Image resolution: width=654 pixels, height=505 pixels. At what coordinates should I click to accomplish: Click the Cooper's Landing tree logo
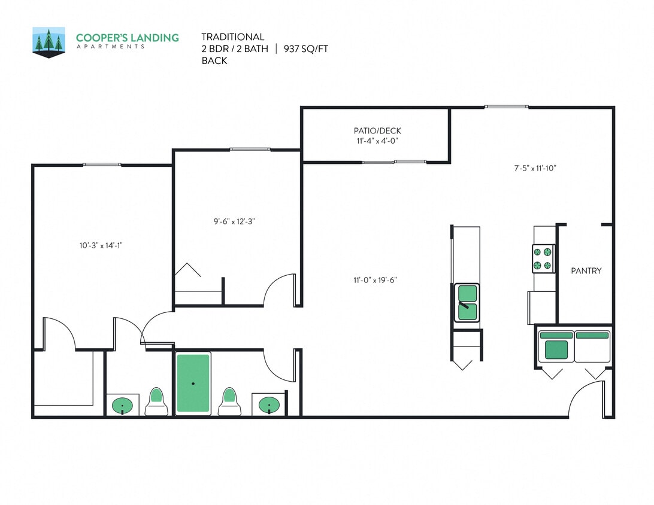[x=49, y=42]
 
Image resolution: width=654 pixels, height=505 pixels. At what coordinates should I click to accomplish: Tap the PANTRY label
[x=586, y=271]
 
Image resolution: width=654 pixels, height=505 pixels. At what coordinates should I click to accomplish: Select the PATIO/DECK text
[x=377, y=131]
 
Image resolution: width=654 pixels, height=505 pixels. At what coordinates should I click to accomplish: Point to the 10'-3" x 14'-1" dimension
[x=101, y=245]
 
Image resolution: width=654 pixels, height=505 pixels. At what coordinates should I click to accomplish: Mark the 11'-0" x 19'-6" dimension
[x=376, y=279]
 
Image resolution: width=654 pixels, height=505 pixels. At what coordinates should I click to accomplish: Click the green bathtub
[x=193, y=383]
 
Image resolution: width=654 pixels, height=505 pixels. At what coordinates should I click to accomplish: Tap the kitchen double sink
[x=467, y=302]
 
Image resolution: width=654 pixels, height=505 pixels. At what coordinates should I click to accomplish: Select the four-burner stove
[x=543, y=258]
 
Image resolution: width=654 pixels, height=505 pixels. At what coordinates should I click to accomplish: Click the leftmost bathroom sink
[x=123, y=406]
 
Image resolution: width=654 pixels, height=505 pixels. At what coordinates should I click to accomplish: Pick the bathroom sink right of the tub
[x=269, y=406]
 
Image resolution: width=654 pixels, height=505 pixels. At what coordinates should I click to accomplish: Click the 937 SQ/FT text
[x=306, y=49]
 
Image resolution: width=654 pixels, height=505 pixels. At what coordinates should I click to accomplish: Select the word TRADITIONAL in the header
[x=232, y=37]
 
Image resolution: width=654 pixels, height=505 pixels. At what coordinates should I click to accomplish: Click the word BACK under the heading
[x=214, y=60]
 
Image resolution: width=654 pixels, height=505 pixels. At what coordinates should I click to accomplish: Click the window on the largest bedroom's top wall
[x=102, y=165]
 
